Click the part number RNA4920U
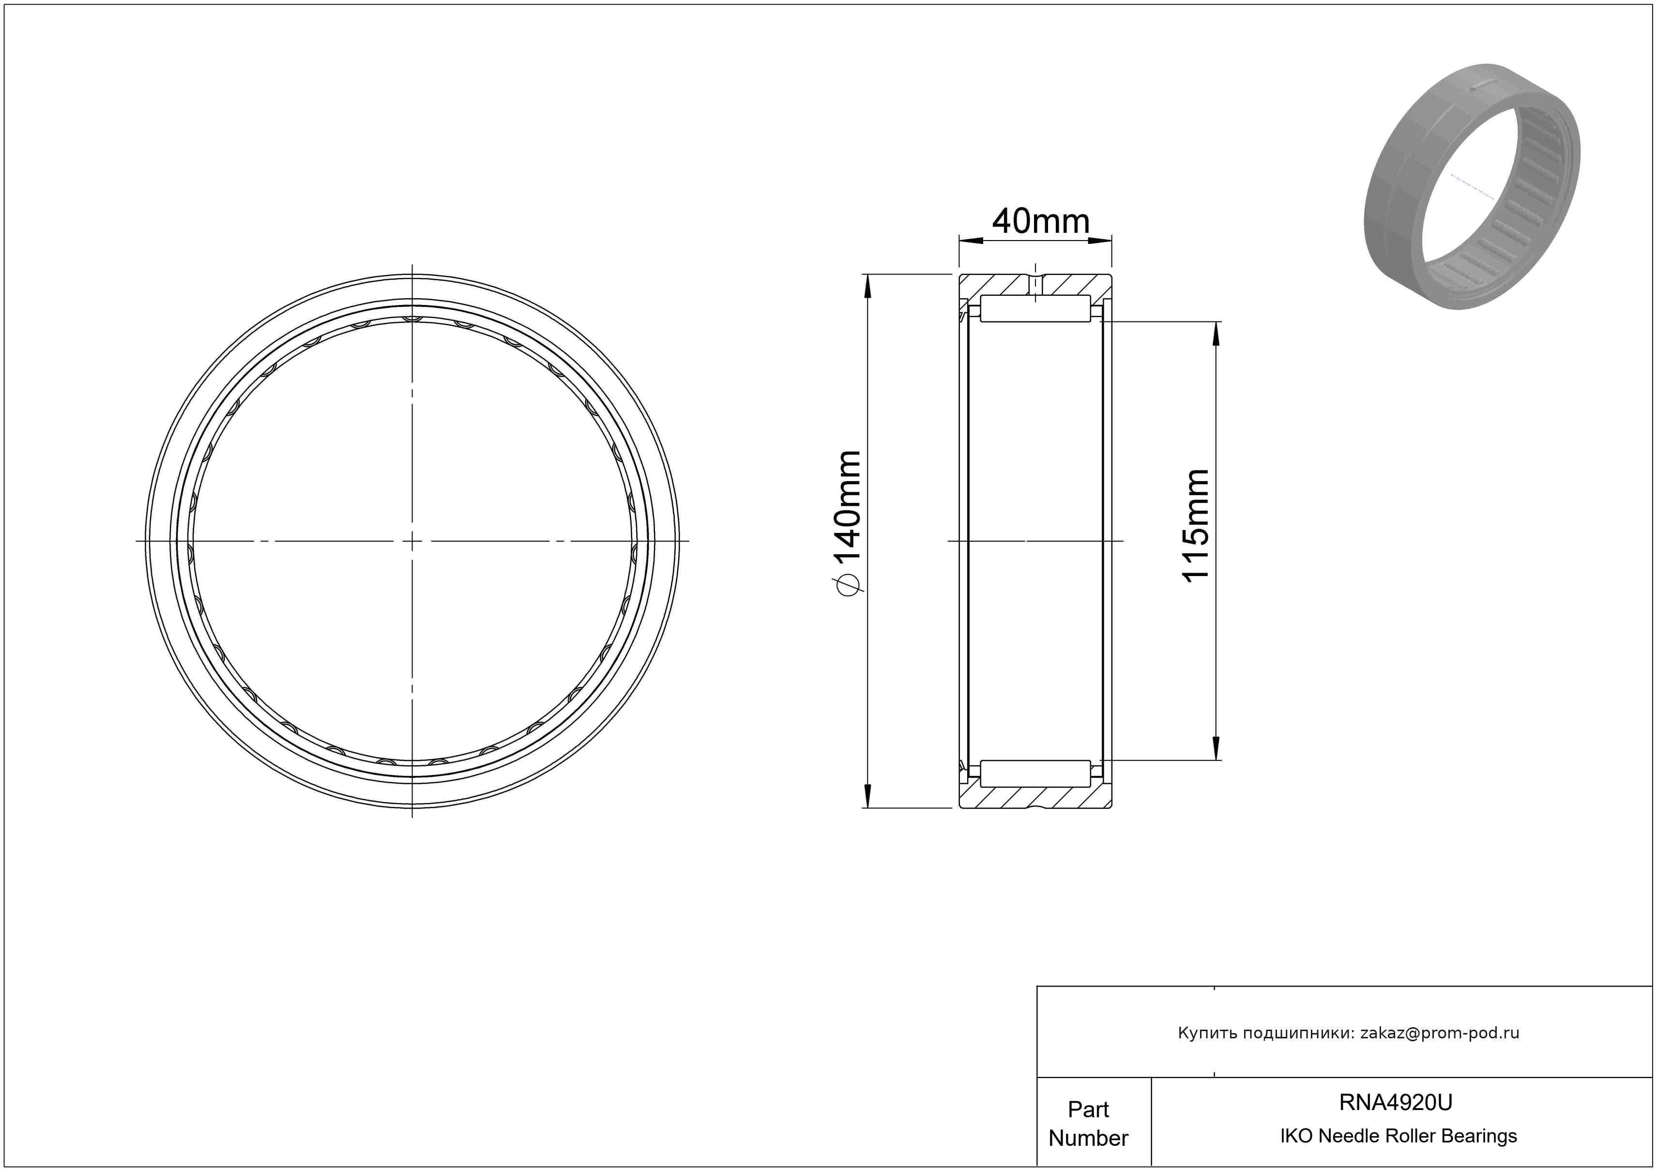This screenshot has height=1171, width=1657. (1396, 1102)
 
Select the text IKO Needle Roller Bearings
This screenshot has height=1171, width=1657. (1399, 1136)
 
